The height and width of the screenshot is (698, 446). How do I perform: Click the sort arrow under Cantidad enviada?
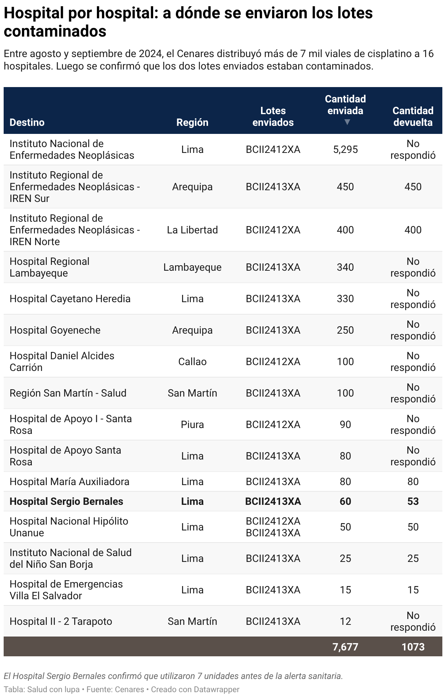(x=347, y=122)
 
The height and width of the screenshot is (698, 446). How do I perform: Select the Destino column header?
(x=27, y=122)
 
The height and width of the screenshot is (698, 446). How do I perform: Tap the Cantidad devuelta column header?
(x=413, y=116)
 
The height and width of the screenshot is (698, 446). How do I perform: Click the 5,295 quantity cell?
(x=345, y=149)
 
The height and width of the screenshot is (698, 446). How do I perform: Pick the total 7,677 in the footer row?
(x=345, y=646)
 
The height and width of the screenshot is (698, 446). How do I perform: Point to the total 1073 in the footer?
(x=413, y=646)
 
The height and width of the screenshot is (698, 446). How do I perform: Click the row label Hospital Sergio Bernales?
(x=66, y=501)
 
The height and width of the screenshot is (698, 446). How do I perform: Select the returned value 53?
(x=413, y=501)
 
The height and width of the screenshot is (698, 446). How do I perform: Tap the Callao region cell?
(x=192, y=361)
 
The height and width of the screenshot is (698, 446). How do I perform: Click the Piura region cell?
(x=192, y=424)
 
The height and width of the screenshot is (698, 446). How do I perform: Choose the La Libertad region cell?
(x=192, y=230)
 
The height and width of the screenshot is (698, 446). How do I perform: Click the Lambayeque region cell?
(x=192, y=267)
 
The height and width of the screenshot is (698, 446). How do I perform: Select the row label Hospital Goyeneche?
(x=55, y=330)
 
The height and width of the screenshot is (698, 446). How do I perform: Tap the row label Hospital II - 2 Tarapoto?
(x=61, y=621)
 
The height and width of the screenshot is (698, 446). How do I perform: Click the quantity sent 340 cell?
(x=345, y=267)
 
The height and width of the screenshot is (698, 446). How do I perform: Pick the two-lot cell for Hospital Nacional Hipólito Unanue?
(x=273, y=527)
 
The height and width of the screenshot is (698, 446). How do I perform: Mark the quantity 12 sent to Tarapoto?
(x=345, y=621)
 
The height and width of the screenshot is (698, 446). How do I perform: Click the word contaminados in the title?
(x=55, y=31)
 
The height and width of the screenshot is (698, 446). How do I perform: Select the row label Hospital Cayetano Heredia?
(x=70, y=299)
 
